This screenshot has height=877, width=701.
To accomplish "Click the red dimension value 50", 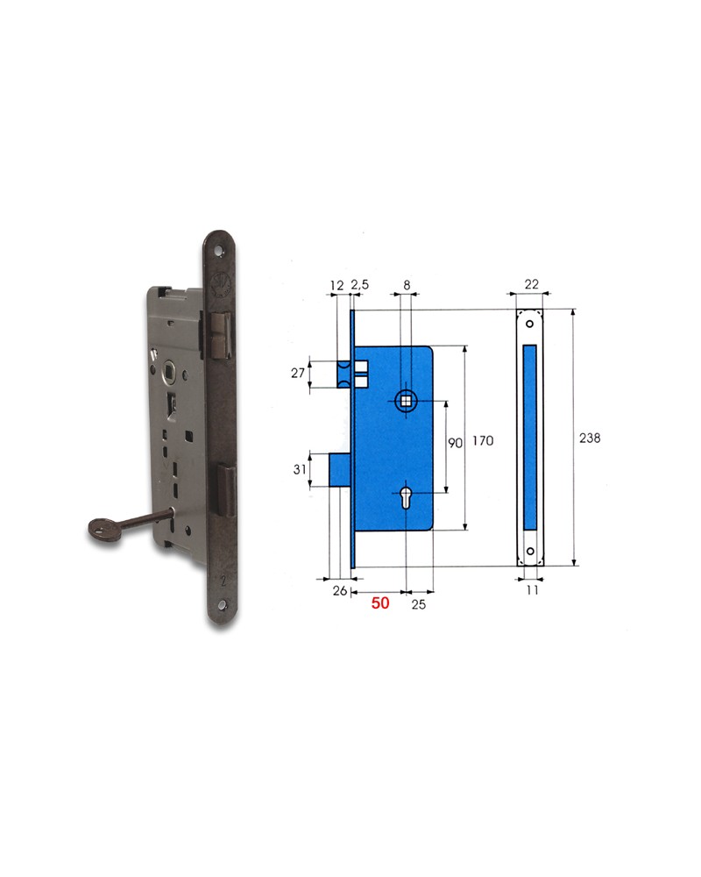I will click(379, 603).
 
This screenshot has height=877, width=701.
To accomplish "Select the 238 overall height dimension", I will click(591, 438).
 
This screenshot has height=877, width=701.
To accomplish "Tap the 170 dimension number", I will click(482, 442).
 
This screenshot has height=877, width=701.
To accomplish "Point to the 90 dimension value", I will click(455, 444).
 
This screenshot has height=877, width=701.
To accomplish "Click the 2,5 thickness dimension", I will click(359, 286).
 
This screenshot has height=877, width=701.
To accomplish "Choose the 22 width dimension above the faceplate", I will click(530, 286).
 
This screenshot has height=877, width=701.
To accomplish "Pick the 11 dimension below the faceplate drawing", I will click(531, 591).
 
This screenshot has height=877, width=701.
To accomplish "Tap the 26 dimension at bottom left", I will click(339, 591).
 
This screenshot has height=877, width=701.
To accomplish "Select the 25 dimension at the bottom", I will click(418, 604).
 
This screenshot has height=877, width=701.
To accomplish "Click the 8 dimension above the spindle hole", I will click(407, 286).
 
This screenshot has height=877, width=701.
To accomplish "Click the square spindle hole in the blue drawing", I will click(407, 401).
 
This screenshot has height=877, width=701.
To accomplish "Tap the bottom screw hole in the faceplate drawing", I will click(529, 552).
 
